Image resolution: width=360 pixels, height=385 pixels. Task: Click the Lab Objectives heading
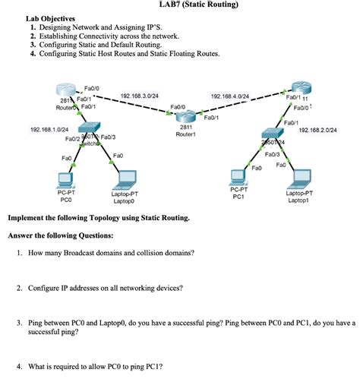pos(50,18)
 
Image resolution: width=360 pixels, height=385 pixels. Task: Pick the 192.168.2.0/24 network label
pos(318,130)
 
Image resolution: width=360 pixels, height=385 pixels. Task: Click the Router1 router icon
pos(185,116)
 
